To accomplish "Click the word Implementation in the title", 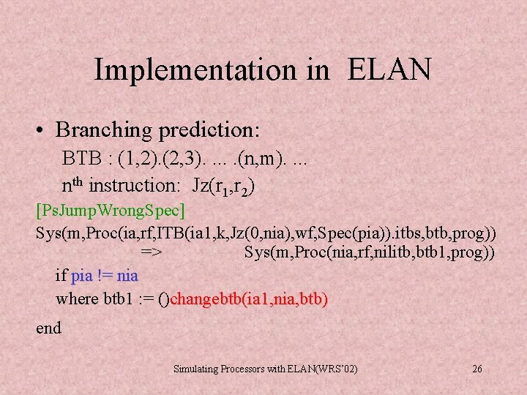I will point(190,70).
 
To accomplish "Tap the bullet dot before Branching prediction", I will point(45,130).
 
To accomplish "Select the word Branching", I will point(105,130).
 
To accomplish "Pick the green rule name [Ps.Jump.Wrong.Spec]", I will point(111,211).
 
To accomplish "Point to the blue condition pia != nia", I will point(105,276).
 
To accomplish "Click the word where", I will point(77,298).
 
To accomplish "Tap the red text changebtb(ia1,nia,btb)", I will point(249,298).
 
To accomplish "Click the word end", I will point(48,328).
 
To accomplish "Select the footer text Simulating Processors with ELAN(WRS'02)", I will point(265,369).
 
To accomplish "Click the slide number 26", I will point(476,369).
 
